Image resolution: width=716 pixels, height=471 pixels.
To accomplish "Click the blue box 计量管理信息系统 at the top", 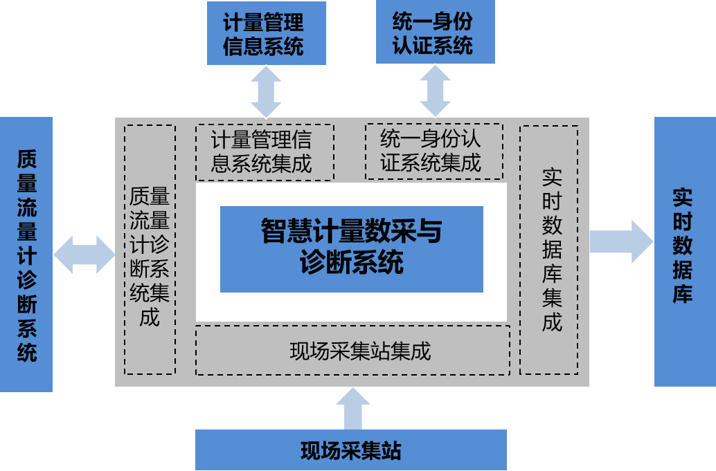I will (267, 33).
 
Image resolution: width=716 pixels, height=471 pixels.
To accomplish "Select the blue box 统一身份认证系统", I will (435, 33).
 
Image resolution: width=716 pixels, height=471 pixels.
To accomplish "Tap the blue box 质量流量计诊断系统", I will (26, 255).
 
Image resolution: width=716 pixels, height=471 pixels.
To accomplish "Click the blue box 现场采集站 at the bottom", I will (351, 450).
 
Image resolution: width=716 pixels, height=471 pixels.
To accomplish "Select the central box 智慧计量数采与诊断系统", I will (351, 249).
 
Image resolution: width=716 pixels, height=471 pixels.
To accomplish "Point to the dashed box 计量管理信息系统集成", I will (265, 152).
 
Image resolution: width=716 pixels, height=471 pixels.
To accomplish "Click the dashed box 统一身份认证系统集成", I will (433, 151).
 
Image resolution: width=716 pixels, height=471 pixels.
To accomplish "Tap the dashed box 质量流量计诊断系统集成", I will (150, 250).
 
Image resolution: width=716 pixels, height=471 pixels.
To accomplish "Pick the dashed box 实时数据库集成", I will (550, 248).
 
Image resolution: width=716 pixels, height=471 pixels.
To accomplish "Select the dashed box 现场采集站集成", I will (353, 351).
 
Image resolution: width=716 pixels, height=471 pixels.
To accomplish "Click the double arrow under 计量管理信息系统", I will (266, 91).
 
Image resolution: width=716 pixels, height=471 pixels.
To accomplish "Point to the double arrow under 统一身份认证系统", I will (435, 91).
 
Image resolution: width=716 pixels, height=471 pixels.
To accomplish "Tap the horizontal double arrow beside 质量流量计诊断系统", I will (84, 255).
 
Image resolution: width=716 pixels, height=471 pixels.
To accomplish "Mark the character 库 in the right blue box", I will (683, 294).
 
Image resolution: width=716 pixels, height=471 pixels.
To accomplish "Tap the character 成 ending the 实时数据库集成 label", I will (552, 322).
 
